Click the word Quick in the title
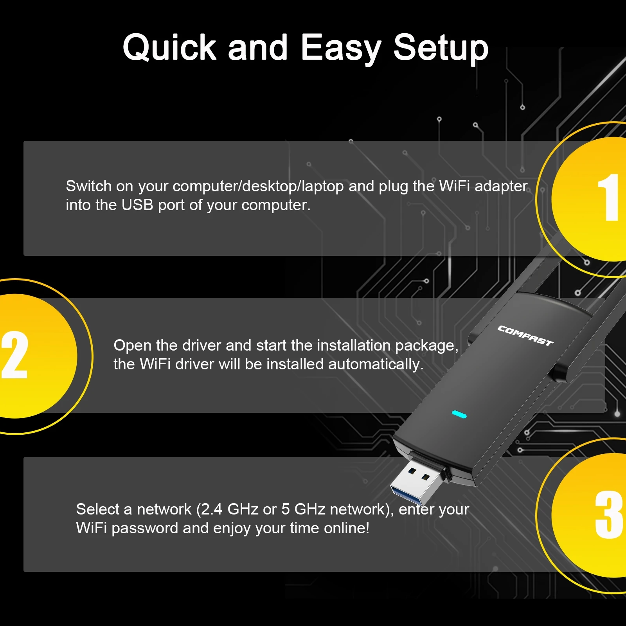point(169,48)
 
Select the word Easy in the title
point(340,48)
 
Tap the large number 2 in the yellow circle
point(15,355)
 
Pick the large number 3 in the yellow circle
point(608,515)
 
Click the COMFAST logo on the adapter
point(525,336)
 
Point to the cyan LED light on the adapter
point(459,414)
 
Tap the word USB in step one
point(137,205)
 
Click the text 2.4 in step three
point(211,509)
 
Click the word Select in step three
point(97,509)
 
